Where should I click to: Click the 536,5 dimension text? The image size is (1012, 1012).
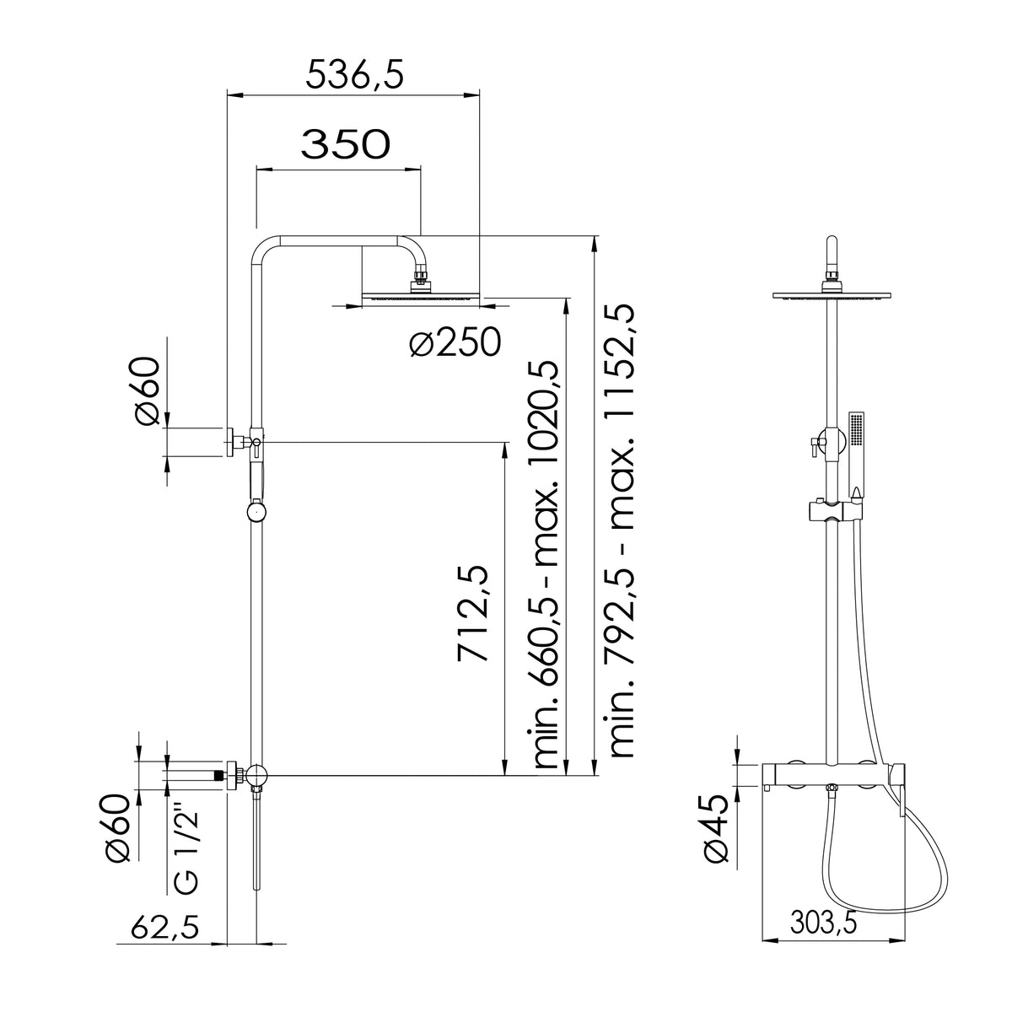(x=355, y=74)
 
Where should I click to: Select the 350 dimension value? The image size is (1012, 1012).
(x=345, y=144)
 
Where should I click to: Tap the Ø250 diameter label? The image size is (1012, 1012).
(x=455, y=342)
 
